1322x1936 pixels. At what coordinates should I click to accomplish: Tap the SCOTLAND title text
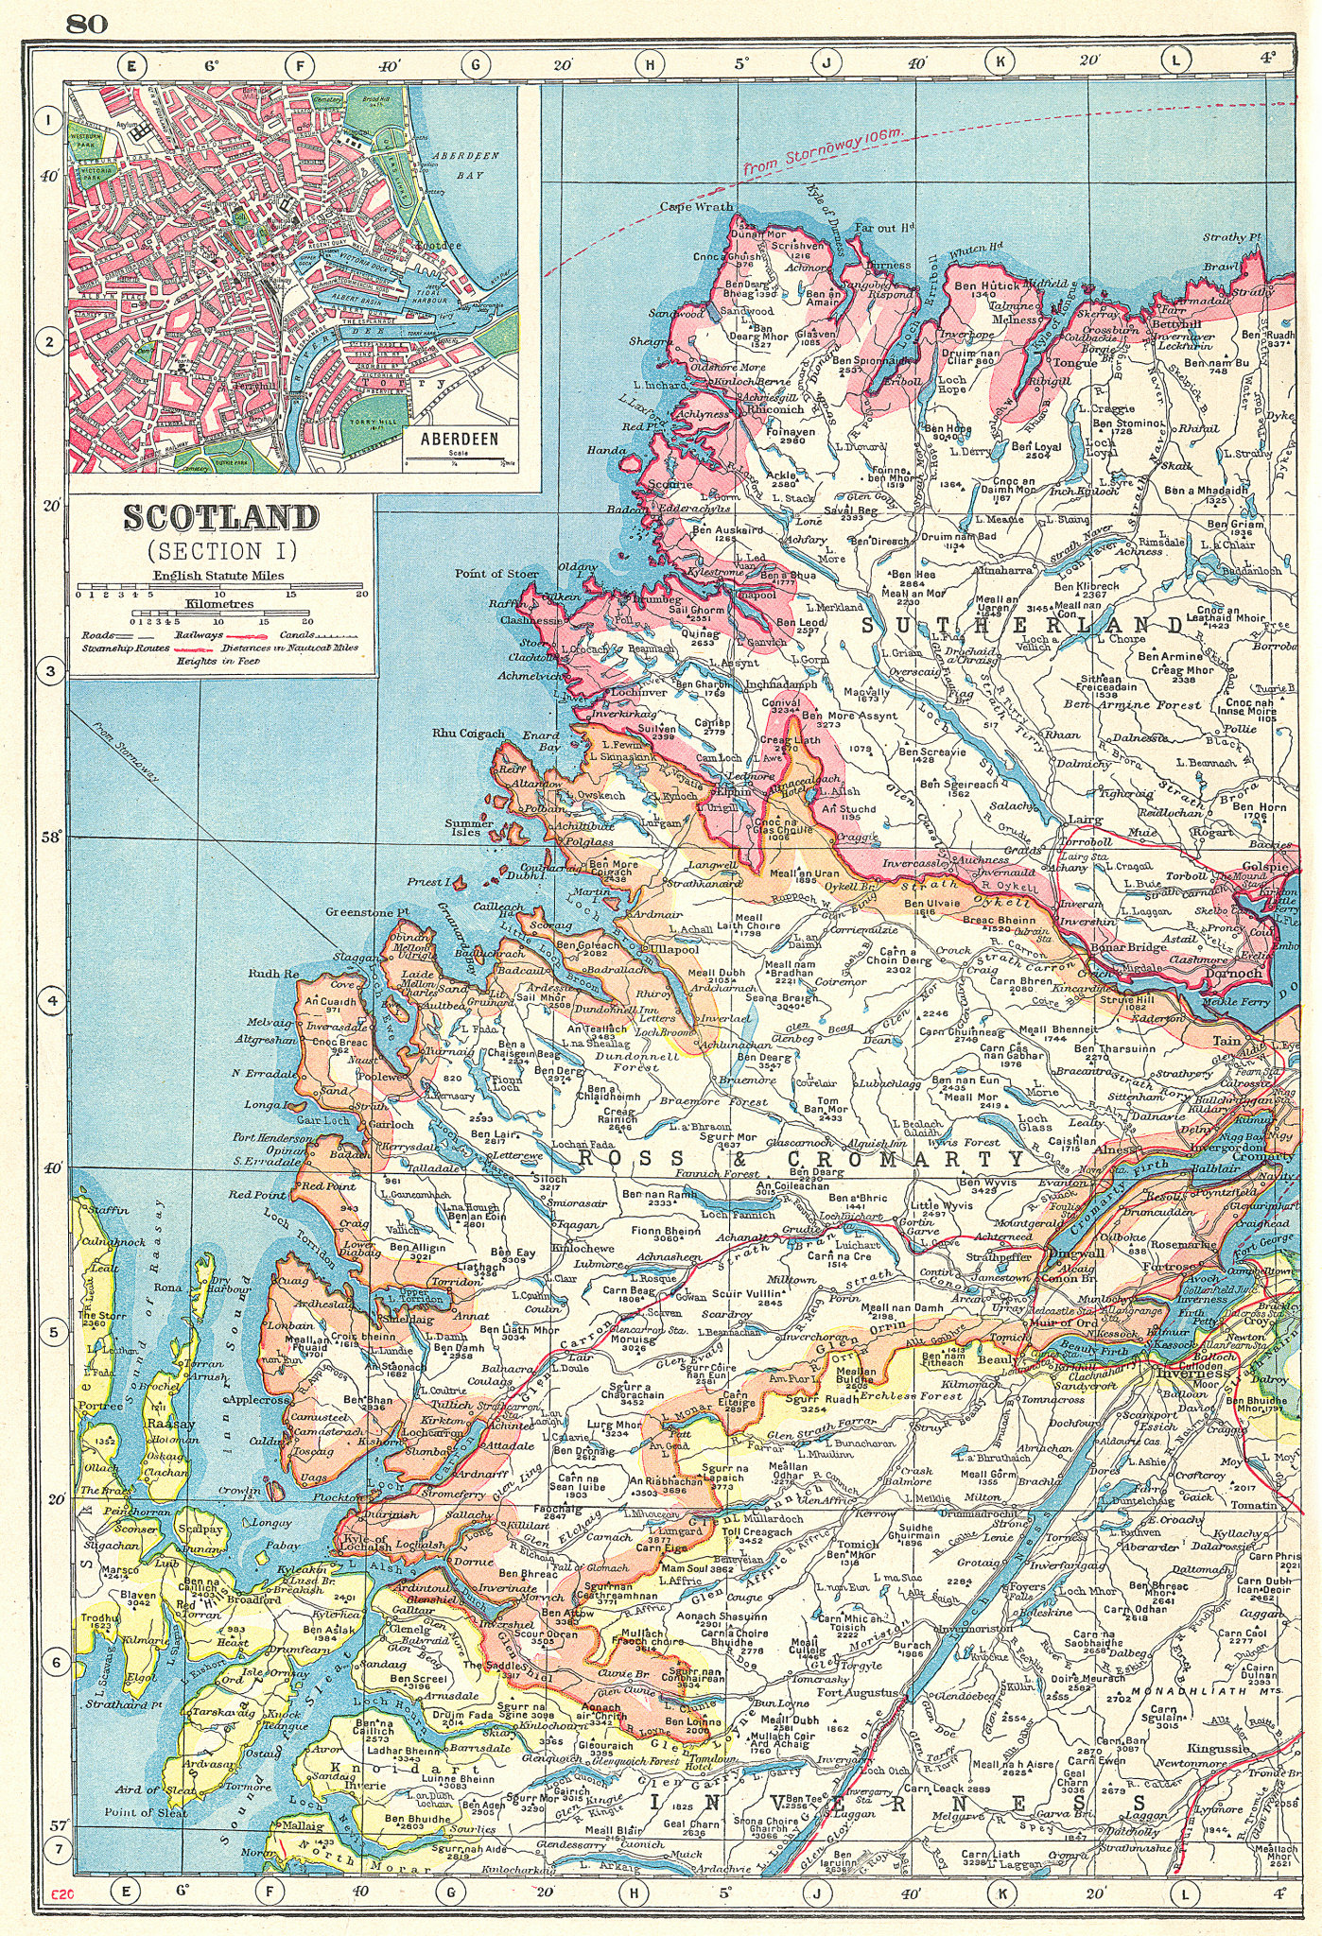[221, 518]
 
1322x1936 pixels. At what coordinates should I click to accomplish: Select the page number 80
[87, 25]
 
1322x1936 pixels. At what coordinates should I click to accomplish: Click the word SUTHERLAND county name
[1022, 626]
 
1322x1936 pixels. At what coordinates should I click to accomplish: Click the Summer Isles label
[470, 828]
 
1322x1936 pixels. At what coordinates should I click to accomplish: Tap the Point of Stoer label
[496, 574]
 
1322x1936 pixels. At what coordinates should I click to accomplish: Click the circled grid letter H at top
[650, 65]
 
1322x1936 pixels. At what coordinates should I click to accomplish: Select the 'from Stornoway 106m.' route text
[824, 151]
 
